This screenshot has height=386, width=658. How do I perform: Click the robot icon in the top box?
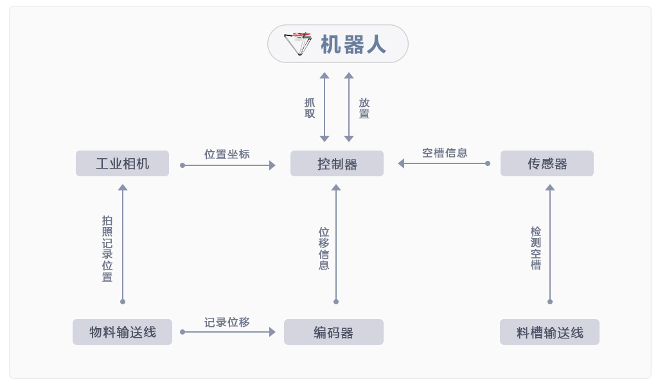(x=298, y=44)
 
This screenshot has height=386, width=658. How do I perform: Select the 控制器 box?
(x=337, y=163)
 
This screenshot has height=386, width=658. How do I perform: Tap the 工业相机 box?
(x=122, y=163)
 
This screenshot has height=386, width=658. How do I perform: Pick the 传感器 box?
(x=547, y=163)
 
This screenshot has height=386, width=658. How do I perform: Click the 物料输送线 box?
(x=122, y=332)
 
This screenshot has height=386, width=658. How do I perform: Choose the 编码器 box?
(x=333, y=332)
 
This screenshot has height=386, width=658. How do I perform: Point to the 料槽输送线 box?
(x=549, y=332)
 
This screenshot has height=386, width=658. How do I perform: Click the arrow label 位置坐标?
(x=227, y=154)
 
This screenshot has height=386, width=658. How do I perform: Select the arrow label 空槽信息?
(x=445, y=152)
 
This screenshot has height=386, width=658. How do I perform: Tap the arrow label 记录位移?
(x=227, y=322)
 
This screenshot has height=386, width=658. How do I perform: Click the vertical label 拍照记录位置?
(x=107, y=248)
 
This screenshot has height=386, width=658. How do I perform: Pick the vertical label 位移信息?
(x=324, y=248)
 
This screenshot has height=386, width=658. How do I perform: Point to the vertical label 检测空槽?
(x=536, y=248)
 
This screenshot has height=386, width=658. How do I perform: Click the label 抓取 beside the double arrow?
(x=310, y=108)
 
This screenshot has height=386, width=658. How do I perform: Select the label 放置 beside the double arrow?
(x=364, y=108)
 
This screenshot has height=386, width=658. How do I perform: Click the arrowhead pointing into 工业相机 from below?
(x=123, y=188)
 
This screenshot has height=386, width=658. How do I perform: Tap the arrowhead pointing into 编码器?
(x=272, y=332)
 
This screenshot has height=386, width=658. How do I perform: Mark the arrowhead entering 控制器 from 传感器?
(x=401, y=163)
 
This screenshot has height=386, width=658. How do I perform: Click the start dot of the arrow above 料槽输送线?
(x=550, y=301)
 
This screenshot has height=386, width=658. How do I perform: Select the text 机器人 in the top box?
(x=353, y=44)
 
